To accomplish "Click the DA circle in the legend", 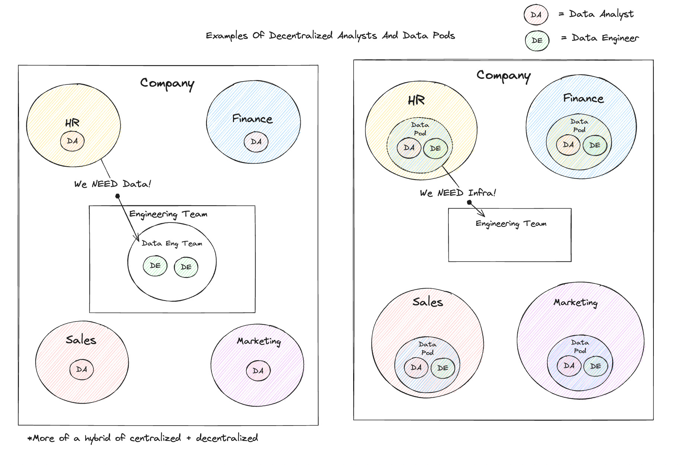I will tap(536, 15).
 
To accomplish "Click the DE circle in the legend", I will tap(537, 41).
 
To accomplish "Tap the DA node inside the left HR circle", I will tap(72, 141).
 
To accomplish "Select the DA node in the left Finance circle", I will tap(256, 142).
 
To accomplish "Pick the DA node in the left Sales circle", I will tap(81, 369).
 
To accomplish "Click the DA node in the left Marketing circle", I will tap(258, 371).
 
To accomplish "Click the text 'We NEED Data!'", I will tap(112, 184).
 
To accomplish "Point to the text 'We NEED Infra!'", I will tap(458, 193).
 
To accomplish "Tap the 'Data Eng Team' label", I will tap(172, 243).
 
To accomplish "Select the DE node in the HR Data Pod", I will tap(435, 148).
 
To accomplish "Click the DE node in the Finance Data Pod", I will tap(595, 145).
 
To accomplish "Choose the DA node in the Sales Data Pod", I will tap(416, 368).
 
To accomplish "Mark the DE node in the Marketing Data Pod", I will tap(595, 366).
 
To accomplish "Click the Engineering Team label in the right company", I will tap(511, 224).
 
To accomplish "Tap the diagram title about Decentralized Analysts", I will tap(330, 36).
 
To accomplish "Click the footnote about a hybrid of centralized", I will tap(143, 438).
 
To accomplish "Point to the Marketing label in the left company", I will tap(259, 341).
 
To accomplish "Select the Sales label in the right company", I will tap(428, 302).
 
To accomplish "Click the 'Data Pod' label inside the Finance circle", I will tap(579, 126).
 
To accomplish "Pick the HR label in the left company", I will tap(72, 123).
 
